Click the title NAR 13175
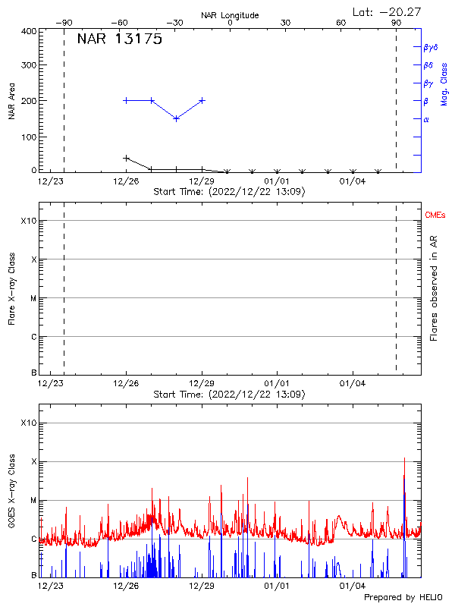coord(120,40)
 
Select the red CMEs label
coord(436,215)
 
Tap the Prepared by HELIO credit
coord(402,598)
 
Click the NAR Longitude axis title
coord(230,14)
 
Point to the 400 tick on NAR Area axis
coord(27,31)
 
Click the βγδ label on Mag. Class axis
coord(430,47)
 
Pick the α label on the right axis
coord(426,119)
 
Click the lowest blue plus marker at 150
coord(176,118)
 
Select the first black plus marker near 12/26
coord(126,158)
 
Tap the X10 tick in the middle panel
coord(27,221)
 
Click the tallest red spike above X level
coord(404,458)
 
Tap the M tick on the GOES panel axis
coord(33,501)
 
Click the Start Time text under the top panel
coord(229,192)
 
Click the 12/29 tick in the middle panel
coord(202,384)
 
